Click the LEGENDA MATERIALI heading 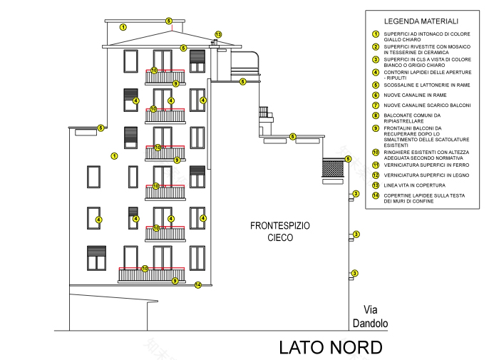pyautogui.click(x=421, y=21)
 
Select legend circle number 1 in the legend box pyautogui.click(x=375, y=34)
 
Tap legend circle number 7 pyautogui.click(x=375, y=105)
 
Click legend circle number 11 pyautogui.click(x=375, y=165)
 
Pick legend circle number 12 pyautogui.click(x=375, y=175)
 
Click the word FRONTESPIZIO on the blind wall pyautogui.click(x=280, y=225)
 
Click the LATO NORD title pyautogui.click(x=330, y=347)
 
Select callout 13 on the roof pyautogui.click(x=218, y=34)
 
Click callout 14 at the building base pyautogui.click(x=198, y=285)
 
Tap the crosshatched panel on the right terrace pyautogui.click(x=332, y=169)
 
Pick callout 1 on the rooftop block pyautogui.click(x=123, y=27)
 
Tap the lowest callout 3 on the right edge pyautogui.click(x=354, y=273)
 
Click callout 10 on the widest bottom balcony pyautogui.click(x=145, y=269)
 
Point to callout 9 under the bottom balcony pyautogui.click(x=175, y=281)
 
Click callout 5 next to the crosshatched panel pyautogui.click(x=348, y=158)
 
